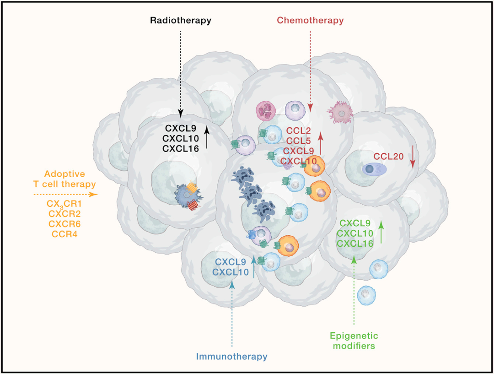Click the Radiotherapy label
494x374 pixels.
pyautogui.click(x=181, y=21)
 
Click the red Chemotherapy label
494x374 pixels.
pyautogui.click(x=310, y=21)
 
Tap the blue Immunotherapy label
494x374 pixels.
pyautogui.click(x=232, y=356)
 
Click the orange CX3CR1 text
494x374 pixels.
pyautogui.click(x=64, y=203)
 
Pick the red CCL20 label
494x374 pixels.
pyautogui.click(x=389, y=157)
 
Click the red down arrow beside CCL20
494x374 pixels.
pyautogui.click(x=413, y=157)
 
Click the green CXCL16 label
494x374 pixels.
pyautogui.click(x=355, y=243)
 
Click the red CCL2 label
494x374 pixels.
pyautogui.click(x=299, y=130)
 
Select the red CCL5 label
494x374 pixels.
pyautogui.click(x=299, y=141)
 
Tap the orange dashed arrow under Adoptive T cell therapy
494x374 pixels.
pyautogui.click(x=65, y=194)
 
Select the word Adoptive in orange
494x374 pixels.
pyautogui.click(x=64, y=174)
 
